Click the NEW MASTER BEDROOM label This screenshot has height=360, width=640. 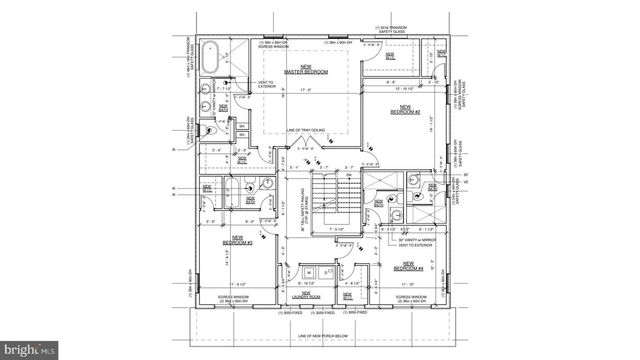(300, 69)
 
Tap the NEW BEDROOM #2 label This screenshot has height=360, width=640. (405, 109)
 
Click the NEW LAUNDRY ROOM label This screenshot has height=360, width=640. (311, 295)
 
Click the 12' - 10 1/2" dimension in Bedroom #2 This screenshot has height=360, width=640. (403, 90)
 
